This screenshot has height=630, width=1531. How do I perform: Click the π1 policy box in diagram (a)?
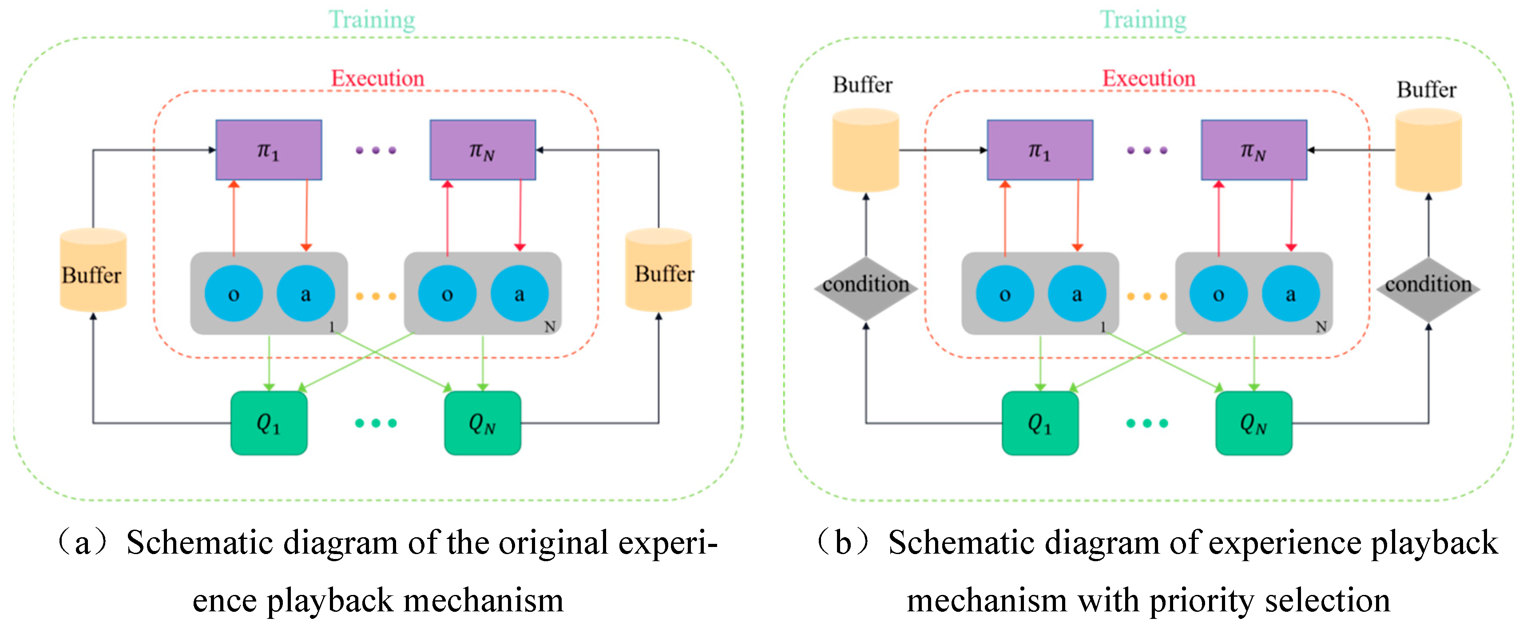pyautogui.click(x=269, y=150)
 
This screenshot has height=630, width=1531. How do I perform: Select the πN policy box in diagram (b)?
pyautogui.click(x=1253, y=150)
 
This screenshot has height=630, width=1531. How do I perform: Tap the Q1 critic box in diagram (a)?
pyautogui.click(x=269, y=423)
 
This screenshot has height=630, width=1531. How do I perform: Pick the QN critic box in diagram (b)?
pyautogui.click(x=1253, y=423)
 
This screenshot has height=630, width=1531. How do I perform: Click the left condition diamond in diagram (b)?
pyautogui.click(x=865, y=288)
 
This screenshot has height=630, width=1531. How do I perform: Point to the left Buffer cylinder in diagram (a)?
pyautogui.click(x=93, y=270)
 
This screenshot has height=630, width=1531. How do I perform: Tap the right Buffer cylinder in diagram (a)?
pyautogui.click(x=658, y=270)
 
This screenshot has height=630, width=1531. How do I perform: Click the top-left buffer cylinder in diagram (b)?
pyautogui.click(x=865, y=150)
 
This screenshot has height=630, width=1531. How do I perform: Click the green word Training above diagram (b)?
pyautogui.click(x=1142, y=20)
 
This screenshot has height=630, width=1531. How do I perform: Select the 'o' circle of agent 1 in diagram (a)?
pyautogui.click(x=234, y=293)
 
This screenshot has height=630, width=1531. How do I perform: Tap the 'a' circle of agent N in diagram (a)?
pyautogui.click(x=519, y=293)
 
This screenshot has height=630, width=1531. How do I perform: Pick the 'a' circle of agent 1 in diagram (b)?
pyautogui.click(x=1076, y=293)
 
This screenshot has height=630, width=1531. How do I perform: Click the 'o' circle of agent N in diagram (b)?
pyautogui.click(x=1218, y=293)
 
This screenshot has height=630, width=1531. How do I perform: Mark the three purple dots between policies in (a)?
pyautogui.click(x=376, y=151)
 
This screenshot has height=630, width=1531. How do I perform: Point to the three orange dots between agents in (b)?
pyautogui.click(x=1146, y=296)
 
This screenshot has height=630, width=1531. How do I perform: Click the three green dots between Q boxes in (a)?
pyautogui.click(x=376, y=423)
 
